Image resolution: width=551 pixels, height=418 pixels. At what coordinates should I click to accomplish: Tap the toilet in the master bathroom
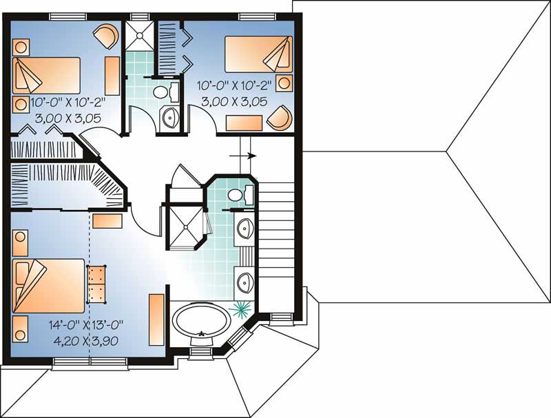point(236,194)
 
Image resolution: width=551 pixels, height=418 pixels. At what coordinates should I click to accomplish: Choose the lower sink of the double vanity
point(245,281)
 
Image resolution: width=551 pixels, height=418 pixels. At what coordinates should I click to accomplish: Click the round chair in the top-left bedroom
point(105,34)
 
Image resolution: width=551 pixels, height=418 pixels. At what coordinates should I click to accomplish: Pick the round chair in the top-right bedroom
point(280,118)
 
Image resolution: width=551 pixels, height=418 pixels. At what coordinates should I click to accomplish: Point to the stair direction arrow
point(245,156)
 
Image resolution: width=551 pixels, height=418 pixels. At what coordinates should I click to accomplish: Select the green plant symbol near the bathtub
point(242,306)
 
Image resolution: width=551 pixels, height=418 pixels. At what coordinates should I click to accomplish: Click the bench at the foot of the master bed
point(96,284)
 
